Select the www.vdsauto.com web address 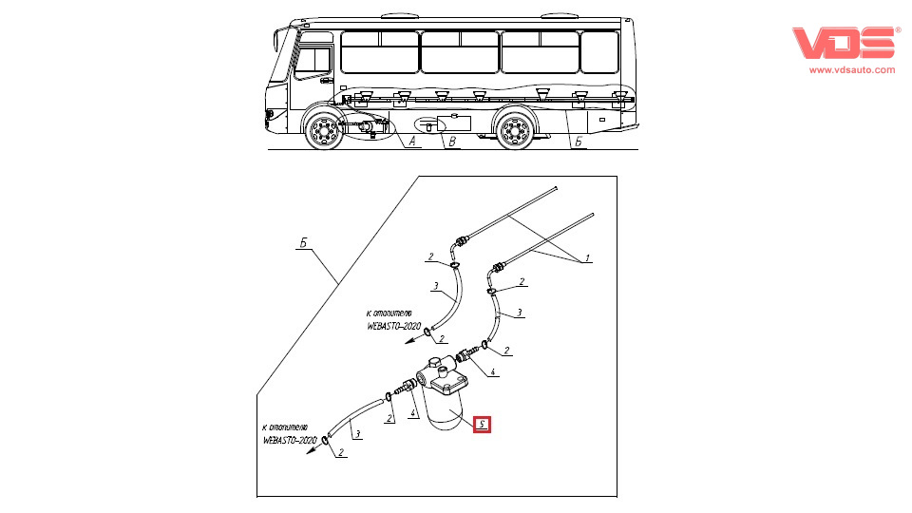coord(851,69)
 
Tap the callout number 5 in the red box coord(483,425)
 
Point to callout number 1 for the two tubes coord(587,257)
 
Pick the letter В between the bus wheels coord(452,143)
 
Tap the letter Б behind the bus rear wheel coord(579,142)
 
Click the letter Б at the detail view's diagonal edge coord(302,244)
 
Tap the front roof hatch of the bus coord(393,15)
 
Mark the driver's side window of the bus coord(312,60)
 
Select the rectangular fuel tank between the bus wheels coord(454,122)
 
